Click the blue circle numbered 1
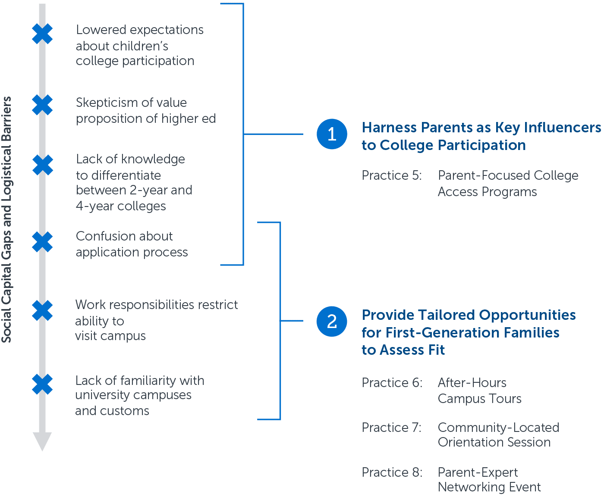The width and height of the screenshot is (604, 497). coord(332,134)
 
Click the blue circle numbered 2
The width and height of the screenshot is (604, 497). coord(332,321)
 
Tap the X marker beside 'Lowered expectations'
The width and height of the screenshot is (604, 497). coord(42,34)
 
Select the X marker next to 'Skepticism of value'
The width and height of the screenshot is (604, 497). coord(42,105)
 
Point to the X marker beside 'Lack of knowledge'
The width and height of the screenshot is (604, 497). coord(43,165)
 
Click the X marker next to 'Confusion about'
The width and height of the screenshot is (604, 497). coord(42,242)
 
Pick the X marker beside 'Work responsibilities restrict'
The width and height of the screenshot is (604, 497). coord(42,310)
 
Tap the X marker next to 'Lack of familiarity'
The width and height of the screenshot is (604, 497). coord(42,384)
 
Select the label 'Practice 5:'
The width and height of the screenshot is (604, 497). coord(392,175)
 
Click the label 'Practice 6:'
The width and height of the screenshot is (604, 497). coord(392,382)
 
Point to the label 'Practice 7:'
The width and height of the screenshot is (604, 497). coord(391,427)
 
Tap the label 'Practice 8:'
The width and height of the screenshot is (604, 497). coord(392,472)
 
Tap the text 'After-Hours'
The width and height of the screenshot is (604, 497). coord(472,382)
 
